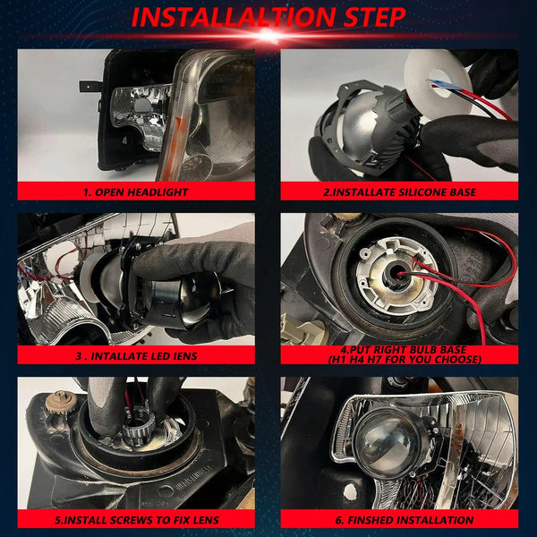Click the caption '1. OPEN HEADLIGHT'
tap(136, 192)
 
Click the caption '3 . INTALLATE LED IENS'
tap(136, 356)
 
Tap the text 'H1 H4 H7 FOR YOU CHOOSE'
tap(405, 359)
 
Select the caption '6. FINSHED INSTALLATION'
tap(405, 520)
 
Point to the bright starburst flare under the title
tap(268, 35)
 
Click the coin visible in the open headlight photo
tap(195, 167)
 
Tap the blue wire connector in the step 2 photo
tap(436, 83)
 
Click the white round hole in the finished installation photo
tap(350, 492)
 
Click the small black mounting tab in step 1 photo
tap(89, 86)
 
